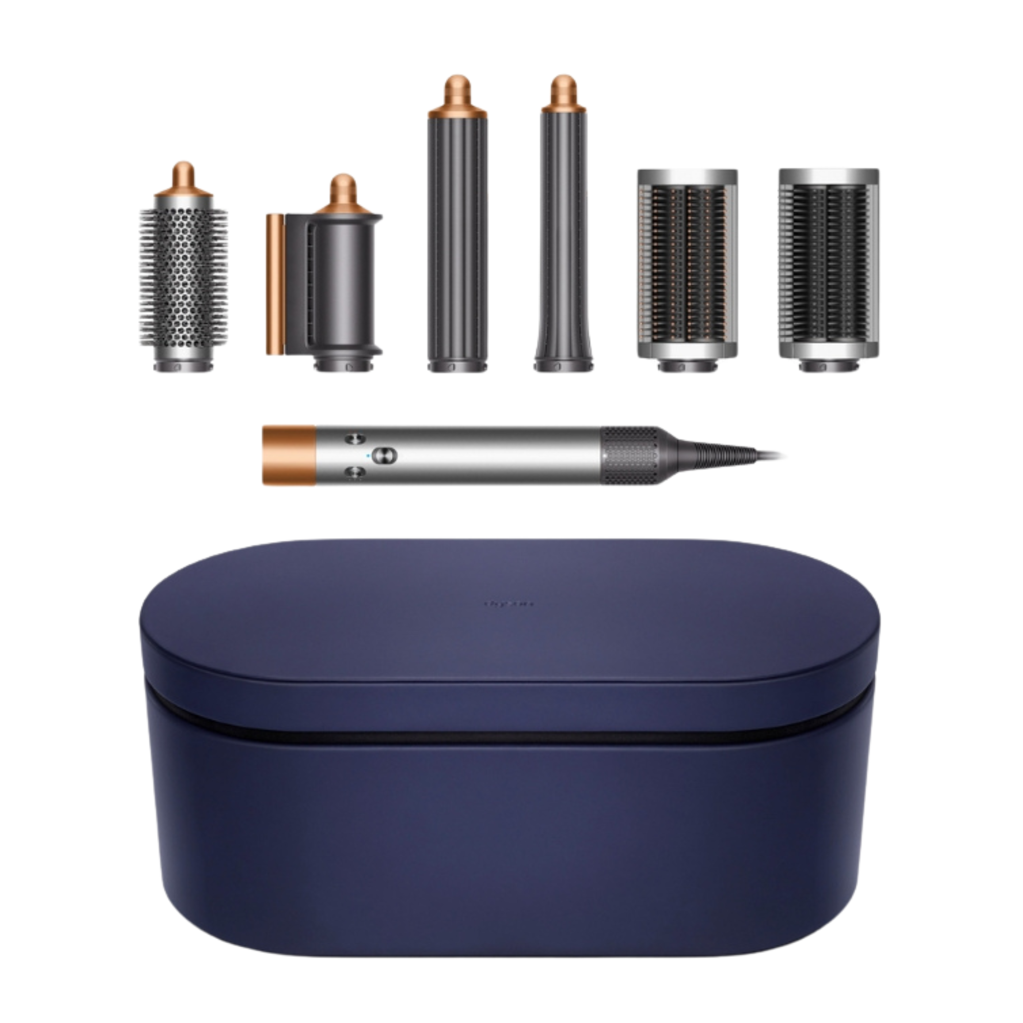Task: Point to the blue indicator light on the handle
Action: (x=367, y=454)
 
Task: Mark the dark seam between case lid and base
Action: (x=511, y=736)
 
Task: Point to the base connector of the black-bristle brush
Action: (x=829, y=365)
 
